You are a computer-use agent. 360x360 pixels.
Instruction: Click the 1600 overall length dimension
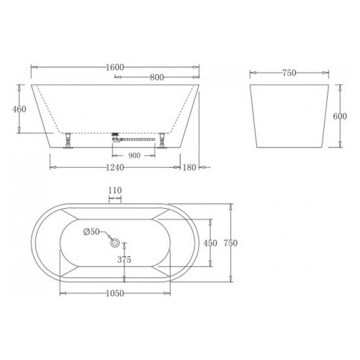(x=115, y=68)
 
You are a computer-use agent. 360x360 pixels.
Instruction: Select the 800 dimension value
(x=157, y=77)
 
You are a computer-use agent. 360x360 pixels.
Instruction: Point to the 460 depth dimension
(x=19, y=109)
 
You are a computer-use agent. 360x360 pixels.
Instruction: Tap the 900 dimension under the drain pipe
(x=134, y=156)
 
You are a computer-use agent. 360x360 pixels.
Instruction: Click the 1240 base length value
(x=115, y=167)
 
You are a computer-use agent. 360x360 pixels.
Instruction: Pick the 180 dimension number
(x=189, y=167)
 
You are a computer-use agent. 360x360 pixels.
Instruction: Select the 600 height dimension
(x=340, y=117)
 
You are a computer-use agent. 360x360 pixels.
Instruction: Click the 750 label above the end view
(x=289, y=73)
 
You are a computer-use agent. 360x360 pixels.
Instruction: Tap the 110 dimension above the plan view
(x=115, y=191)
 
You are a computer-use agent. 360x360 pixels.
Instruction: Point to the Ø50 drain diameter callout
(x=91, y=232)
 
